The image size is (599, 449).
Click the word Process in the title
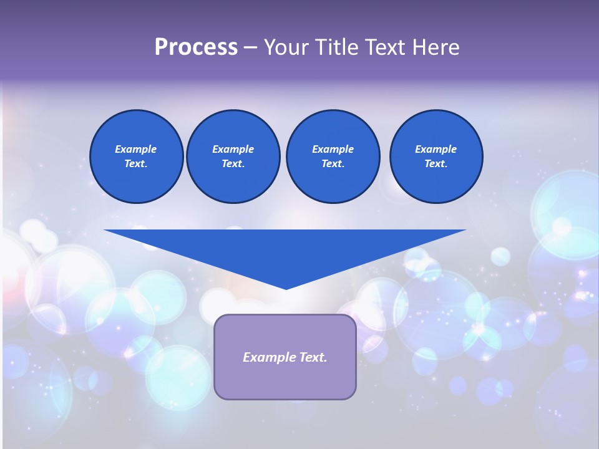coord(196,47)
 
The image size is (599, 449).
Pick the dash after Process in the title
coord(250,48)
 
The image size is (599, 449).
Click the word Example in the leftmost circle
coord(136,149)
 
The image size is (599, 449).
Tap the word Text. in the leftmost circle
coord(136,163)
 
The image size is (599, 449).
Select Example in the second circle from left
coord(233,149)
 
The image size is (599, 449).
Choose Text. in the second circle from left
coord(233,163)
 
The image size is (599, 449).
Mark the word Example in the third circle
coord(333,149)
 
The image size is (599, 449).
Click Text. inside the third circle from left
coord(333,163)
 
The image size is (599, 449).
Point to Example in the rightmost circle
coord(436,149)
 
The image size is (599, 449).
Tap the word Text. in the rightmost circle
coord(436,163)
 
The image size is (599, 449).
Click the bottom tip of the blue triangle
coord(286,288)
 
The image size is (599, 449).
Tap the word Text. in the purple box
coord(311,357)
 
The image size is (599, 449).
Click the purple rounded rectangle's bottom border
coord(285,398)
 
